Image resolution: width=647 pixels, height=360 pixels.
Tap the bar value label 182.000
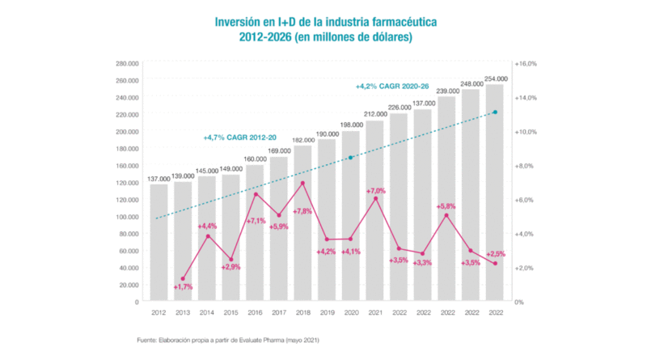pyautogui.click(x=302, y=140)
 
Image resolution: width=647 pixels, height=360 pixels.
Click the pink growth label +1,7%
pyautogui.click(x=183, y=287)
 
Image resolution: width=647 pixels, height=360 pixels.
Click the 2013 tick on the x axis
pyautogui.click(x=183, y=312)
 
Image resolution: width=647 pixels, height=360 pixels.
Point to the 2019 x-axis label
pyautogui.click(x=327, y=312)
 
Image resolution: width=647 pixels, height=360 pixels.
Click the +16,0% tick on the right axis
pyautogui.click(x=526, y=63)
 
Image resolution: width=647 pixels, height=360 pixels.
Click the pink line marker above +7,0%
pyautogui.click(x=375, y=198)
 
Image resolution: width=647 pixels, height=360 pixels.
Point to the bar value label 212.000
pyautogui.click(x=374, y=114)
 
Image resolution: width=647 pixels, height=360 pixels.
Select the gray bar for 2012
pyautogui.click(x=159, y=243)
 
